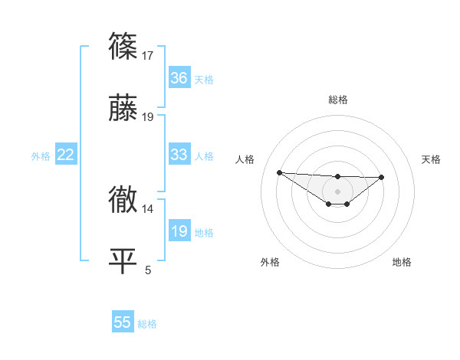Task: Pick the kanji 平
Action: click(x=123, y=261)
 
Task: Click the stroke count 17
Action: click(x=148, y=56)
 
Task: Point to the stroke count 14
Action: click(x=148, y=208)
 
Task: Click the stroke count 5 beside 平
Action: click(x=148, y=270)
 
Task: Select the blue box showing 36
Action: click(x=179, y=78)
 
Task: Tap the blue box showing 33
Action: click(x=179, y=155)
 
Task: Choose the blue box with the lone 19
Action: click(x=179, y=231)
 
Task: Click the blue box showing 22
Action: click(x=66, y=155)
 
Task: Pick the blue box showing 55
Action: click(x=123, y=322)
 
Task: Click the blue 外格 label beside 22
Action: click(x=41, y=155)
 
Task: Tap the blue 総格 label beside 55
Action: click(x=147, y=324)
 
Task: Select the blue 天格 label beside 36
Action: click(x=204, y=79)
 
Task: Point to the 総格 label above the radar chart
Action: click(x=337, y=100)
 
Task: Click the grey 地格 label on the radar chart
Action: click(x=402, y=262)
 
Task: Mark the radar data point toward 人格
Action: click(x=279, y=172)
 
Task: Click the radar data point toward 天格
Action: click(x=382, y=177)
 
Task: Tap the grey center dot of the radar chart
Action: click(x=337, y=191)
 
